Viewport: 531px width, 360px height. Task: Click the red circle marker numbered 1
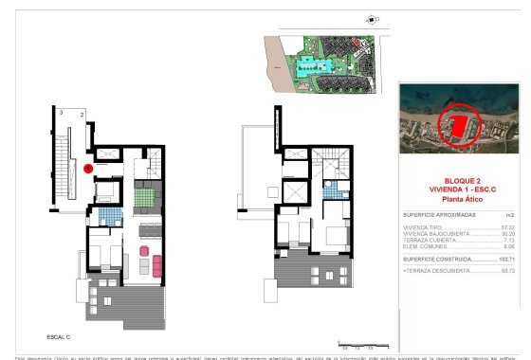coord(87,169)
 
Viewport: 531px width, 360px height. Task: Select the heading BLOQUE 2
coord(458,181)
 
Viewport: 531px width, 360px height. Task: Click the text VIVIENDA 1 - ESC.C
coord(458,189)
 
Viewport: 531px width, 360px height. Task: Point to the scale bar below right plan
coord(358,346)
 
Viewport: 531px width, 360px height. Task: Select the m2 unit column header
coord(510,215)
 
